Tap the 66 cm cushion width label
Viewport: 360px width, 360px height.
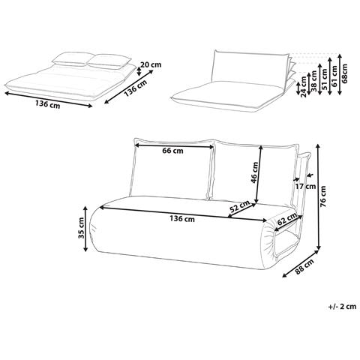(172, 151)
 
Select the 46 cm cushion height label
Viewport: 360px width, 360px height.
(256, 175)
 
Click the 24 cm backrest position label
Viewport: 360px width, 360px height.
(304, 86)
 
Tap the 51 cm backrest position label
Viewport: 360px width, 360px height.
(324, 79)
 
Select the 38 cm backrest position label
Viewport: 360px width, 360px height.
(313, 82)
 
